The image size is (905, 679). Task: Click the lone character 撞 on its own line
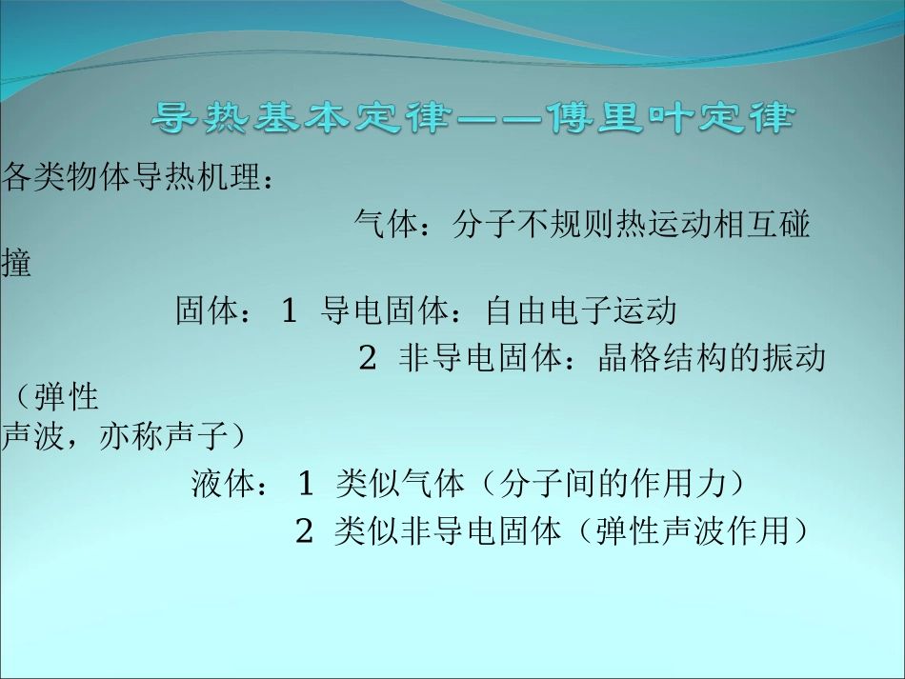click(16, 264)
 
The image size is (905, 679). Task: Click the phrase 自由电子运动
click(580, 311)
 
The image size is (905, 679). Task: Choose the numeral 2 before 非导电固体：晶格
click(367, 359)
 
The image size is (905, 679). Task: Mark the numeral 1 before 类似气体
click(306, 485)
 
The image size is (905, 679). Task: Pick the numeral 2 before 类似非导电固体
click(304, 531)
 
